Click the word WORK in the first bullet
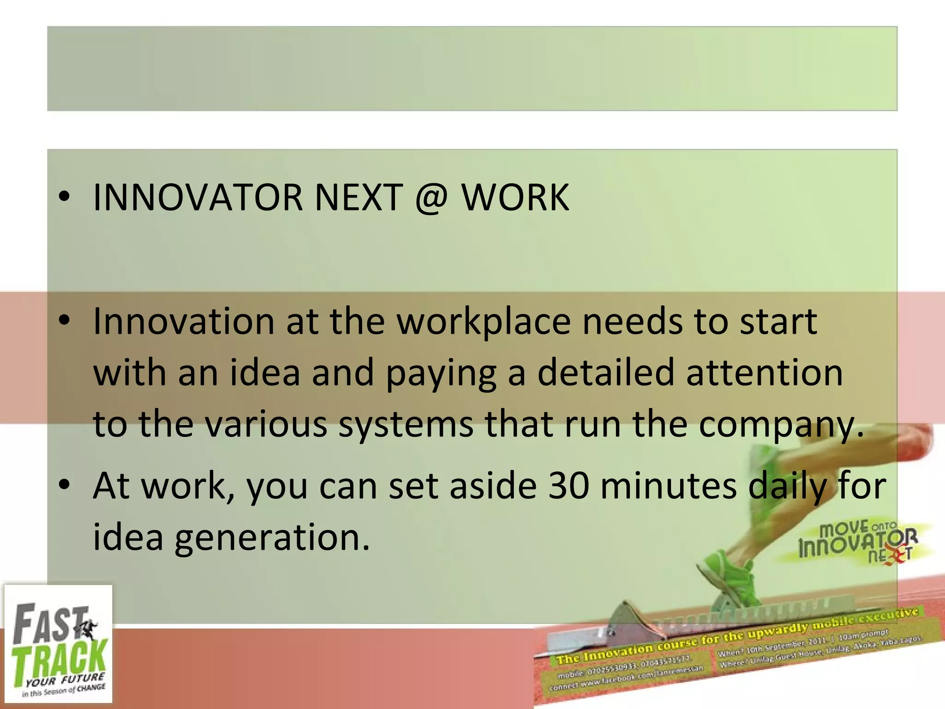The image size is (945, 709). (x=515, y=198)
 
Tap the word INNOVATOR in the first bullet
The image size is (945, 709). (x=197, y=198)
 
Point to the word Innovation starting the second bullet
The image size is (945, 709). (x=184, y=322)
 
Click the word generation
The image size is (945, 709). (x=272, y=538)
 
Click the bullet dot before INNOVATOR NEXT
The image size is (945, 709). (x=64, y=198)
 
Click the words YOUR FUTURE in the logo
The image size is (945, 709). (x=65, y=680)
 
